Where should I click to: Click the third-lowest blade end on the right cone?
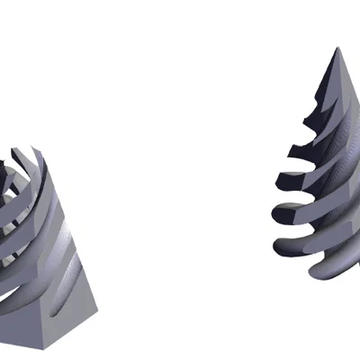tap(279, 215)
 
